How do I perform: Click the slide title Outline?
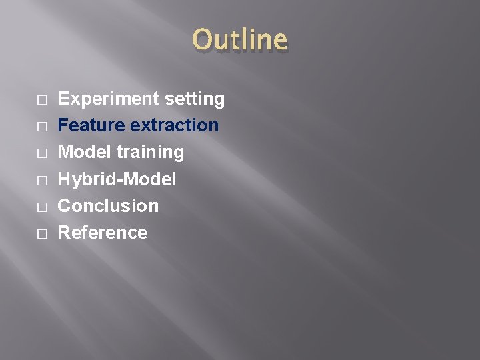[240, 40]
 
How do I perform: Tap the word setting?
[194, 99]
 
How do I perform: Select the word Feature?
[92, 125]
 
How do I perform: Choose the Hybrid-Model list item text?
[117, 179]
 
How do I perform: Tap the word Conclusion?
[109, 205]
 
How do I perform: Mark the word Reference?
[103, 232]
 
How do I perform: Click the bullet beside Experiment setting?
[41, 100]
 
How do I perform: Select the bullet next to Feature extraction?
[41, 127]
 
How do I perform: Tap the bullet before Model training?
[41, 153]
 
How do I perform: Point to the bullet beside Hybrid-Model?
[41, 180]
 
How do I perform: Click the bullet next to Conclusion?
[41, 207]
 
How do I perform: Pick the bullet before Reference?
[41, 233]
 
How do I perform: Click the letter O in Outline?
[202, 40]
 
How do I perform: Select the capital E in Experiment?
[65, 99]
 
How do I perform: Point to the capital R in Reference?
[65, 232]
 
